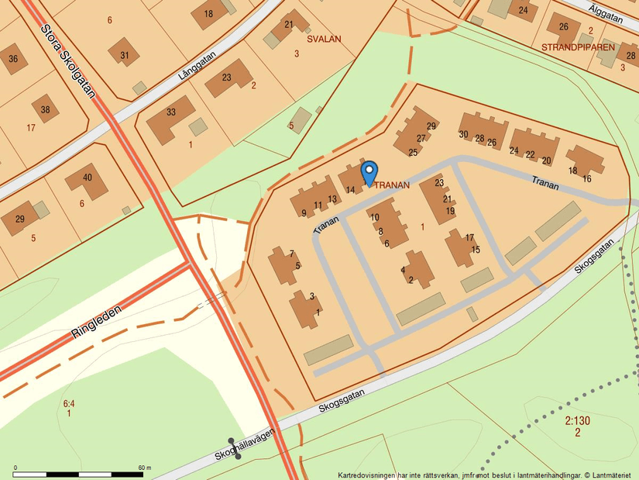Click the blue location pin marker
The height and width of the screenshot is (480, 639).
click(369, 172)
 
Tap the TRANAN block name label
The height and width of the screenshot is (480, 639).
click(392, 185)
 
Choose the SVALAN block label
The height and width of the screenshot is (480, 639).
click(324, 38)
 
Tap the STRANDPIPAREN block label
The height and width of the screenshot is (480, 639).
click(578, 47)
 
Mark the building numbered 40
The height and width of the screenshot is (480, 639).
click(87, 178)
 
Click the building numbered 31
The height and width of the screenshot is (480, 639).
click(124, 54)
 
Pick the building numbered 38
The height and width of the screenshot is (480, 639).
click(45, 109)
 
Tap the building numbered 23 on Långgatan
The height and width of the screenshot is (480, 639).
click(227, 78)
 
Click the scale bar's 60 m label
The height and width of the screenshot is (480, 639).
click(145, 468)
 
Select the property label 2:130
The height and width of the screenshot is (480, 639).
click(577, 421)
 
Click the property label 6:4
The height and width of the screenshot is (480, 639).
click(69, 404)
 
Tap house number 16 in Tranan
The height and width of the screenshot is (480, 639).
click(586, 179)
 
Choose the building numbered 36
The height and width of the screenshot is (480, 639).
click(13, 59)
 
